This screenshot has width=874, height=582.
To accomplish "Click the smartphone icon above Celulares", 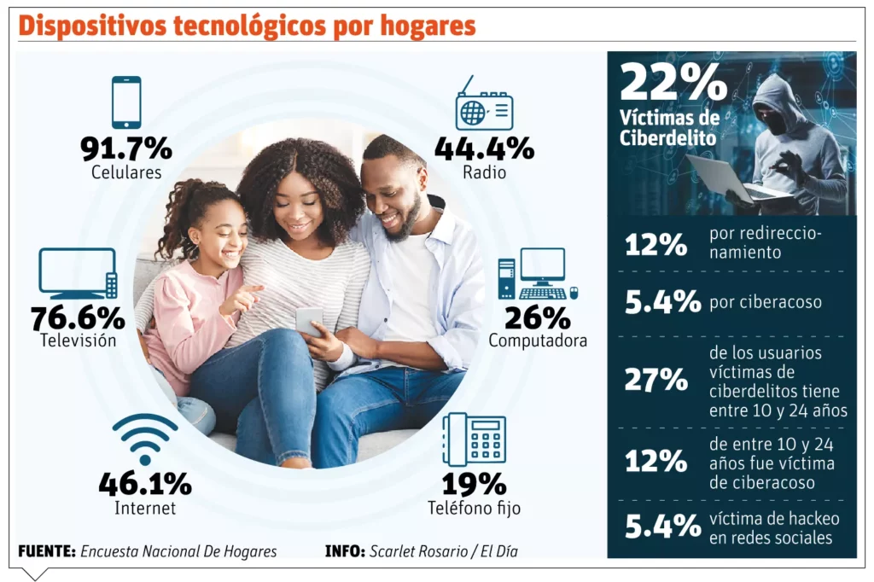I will [x=126, y=102].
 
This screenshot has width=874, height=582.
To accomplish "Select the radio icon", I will [x=484, y=107].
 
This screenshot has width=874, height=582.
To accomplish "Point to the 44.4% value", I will [x=484, y=148].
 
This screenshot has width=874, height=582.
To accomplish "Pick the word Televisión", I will [x=78, y=340].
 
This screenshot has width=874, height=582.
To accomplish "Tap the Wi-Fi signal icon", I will [x=145, y=439].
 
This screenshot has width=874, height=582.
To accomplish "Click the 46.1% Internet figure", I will [x=145, y=484].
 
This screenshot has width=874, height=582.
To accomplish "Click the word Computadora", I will [x=538, y=340].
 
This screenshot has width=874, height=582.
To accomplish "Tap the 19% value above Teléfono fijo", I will [x=474, y=484].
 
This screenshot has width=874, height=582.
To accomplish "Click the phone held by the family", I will [x=309, y=320].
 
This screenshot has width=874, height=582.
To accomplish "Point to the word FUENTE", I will [x=46, y=551].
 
